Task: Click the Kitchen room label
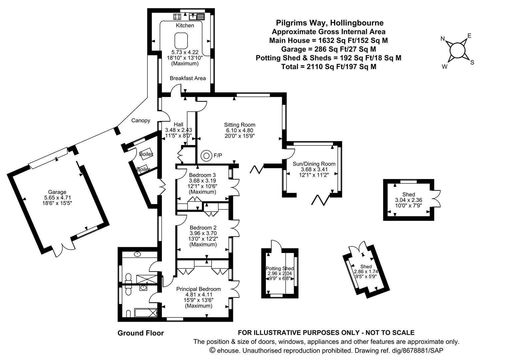pyautogui.click(x=185, y=25)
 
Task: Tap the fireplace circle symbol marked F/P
pyautogui.click(x=206, y=155)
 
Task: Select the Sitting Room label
pyautogui.click(x=240, y=125)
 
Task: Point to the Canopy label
pyautogui.click(x=141, y=121)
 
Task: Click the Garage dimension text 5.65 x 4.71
pyautogui.click(x=57, y=197)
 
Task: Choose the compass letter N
pyautogui.click(x=443, y=39)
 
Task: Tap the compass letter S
pyautogui.click(x=472, y=62)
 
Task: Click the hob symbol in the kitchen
pyautogui.click(x=177, y=16)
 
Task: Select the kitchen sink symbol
pyautogui.click(x=193, y=16)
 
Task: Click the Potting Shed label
pyautogui.click(x=280, y=269)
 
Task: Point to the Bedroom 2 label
pyautogui.click(x=203, y=228)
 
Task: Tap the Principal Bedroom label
pyautogui.click(x=199, y=289)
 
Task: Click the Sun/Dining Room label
pyautogui.click(x=314, y=164)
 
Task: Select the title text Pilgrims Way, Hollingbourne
pyautogui.click(x=329, y=23)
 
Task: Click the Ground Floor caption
pyautogui.click(x=141, y=333)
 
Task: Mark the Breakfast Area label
pyautogui.click(x=188, y=78)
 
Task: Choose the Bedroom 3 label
pyautogui.click(x=202, y=175)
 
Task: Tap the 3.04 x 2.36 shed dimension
pyautogui.click(x=408, y=200)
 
